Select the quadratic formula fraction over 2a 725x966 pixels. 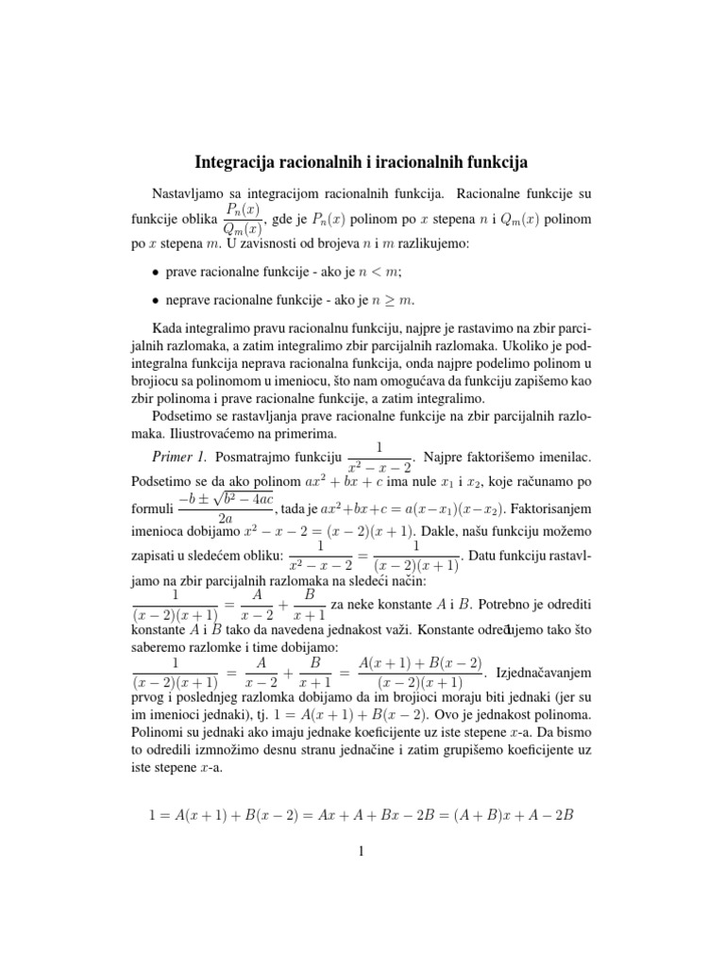point(226,509)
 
